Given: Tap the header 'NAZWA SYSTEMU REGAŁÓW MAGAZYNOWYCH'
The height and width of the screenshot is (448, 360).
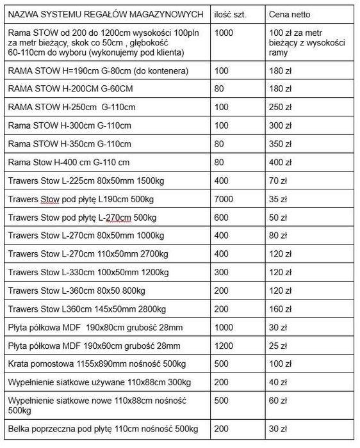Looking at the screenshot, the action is pos(106,13).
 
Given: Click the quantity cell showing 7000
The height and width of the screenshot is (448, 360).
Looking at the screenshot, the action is pos(224,200).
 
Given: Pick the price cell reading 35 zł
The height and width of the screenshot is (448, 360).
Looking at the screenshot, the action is pos(278,200).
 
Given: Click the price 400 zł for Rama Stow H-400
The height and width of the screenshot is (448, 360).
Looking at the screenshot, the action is pos(280,163).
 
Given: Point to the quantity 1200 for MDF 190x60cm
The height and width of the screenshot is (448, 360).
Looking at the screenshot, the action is pos(224,346).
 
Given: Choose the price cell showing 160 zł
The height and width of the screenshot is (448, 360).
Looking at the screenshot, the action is pos(280,310).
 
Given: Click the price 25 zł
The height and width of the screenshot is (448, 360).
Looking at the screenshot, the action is pos(278,346).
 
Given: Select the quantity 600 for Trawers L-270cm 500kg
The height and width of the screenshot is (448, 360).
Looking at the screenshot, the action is pos(222,218).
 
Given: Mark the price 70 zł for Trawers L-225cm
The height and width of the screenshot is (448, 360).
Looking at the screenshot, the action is pos(278,181).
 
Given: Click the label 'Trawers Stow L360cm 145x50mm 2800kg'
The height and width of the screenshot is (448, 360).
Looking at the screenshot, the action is pos(87,310).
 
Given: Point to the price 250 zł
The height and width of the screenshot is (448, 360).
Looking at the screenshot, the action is pos(280,107).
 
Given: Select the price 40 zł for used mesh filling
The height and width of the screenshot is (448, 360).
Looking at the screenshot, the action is pos(278,383).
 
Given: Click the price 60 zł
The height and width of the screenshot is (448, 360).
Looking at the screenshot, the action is pos(278,401).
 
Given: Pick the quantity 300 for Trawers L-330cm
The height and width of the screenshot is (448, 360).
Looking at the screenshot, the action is pos(222,273).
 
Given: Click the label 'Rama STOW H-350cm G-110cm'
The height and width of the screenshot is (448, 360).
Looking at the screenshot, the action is pos(70,144).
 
